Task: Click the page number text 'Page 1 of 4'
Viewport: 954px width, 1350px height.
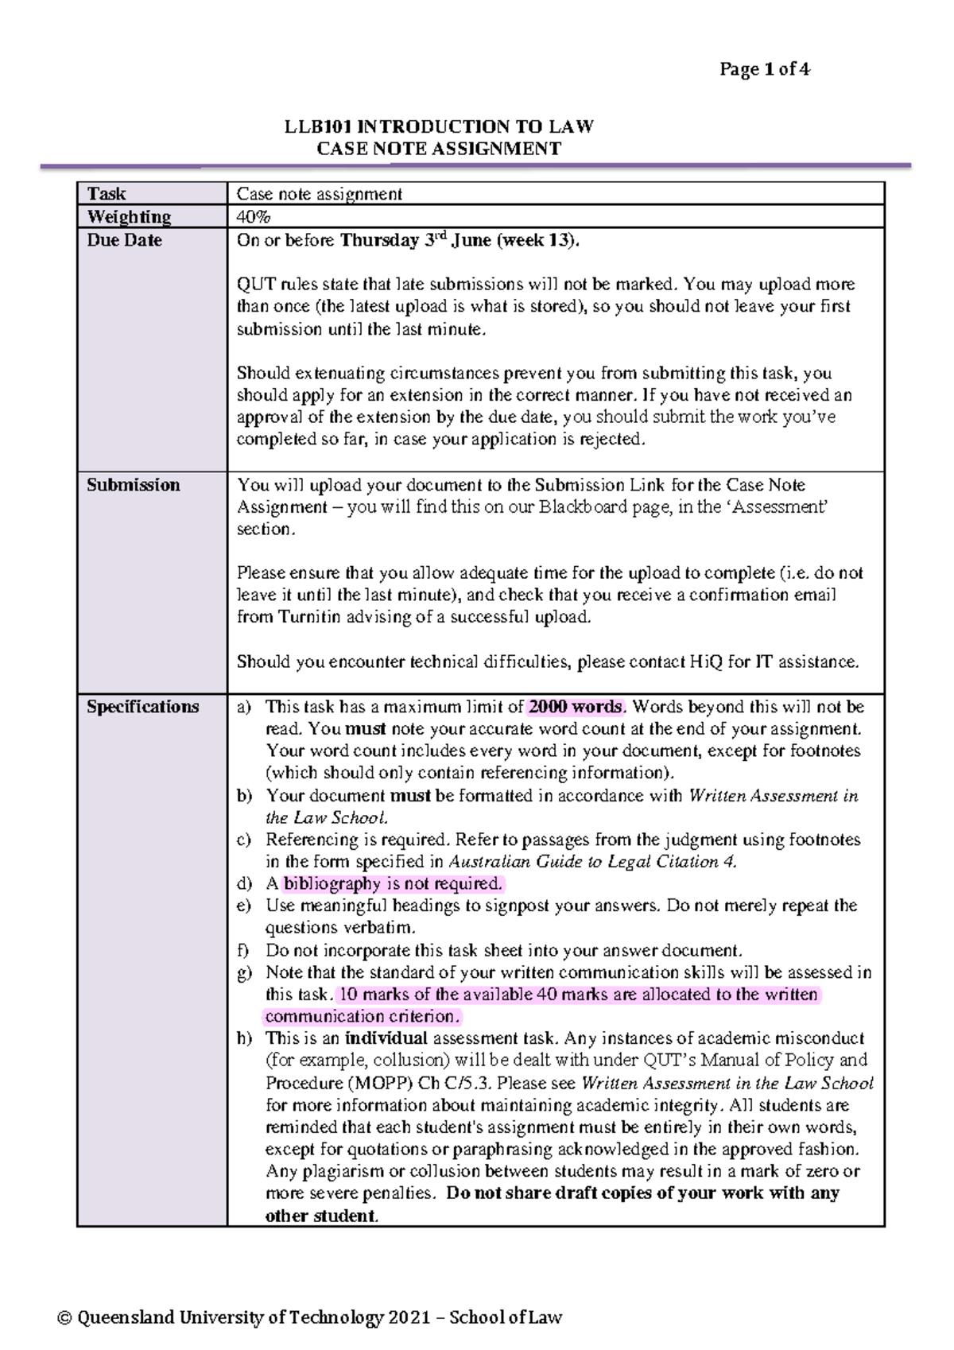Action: point(764,70)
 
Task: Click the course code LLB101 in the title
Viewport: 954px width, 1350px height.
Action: point(318,127)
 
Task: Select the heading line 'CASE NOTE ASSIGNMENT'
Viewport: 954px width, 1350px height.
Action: point(439,149)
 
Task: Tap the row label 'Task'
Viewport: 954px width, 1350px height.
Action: point(107,194)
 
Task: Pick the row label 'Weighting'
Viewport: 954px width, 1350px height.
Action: point(129,217)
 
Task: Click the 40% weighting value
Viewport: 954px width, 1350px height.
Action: point(253,217)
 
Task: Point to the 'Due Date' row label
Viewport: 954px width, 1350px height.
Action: point(124,240)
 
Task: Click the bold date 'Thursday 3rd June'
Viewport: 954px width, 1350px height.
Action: point(415,240)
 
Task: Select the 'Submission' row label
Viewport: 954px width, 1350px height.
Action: point(133,485)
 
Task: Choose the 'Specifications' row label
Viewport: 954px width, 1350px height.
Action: point(142,707)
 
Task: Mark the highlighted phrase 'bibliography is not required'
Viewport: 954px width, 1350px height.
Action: point(393,883)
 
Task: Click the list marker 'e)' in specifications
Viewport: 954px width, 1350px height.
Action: point(244,906)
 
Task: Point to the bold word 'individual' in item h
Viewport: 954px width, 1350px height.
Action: point(386,1038)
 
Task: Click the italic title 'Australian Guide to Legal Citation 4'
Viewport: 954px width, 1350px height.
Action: point(592,861)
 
